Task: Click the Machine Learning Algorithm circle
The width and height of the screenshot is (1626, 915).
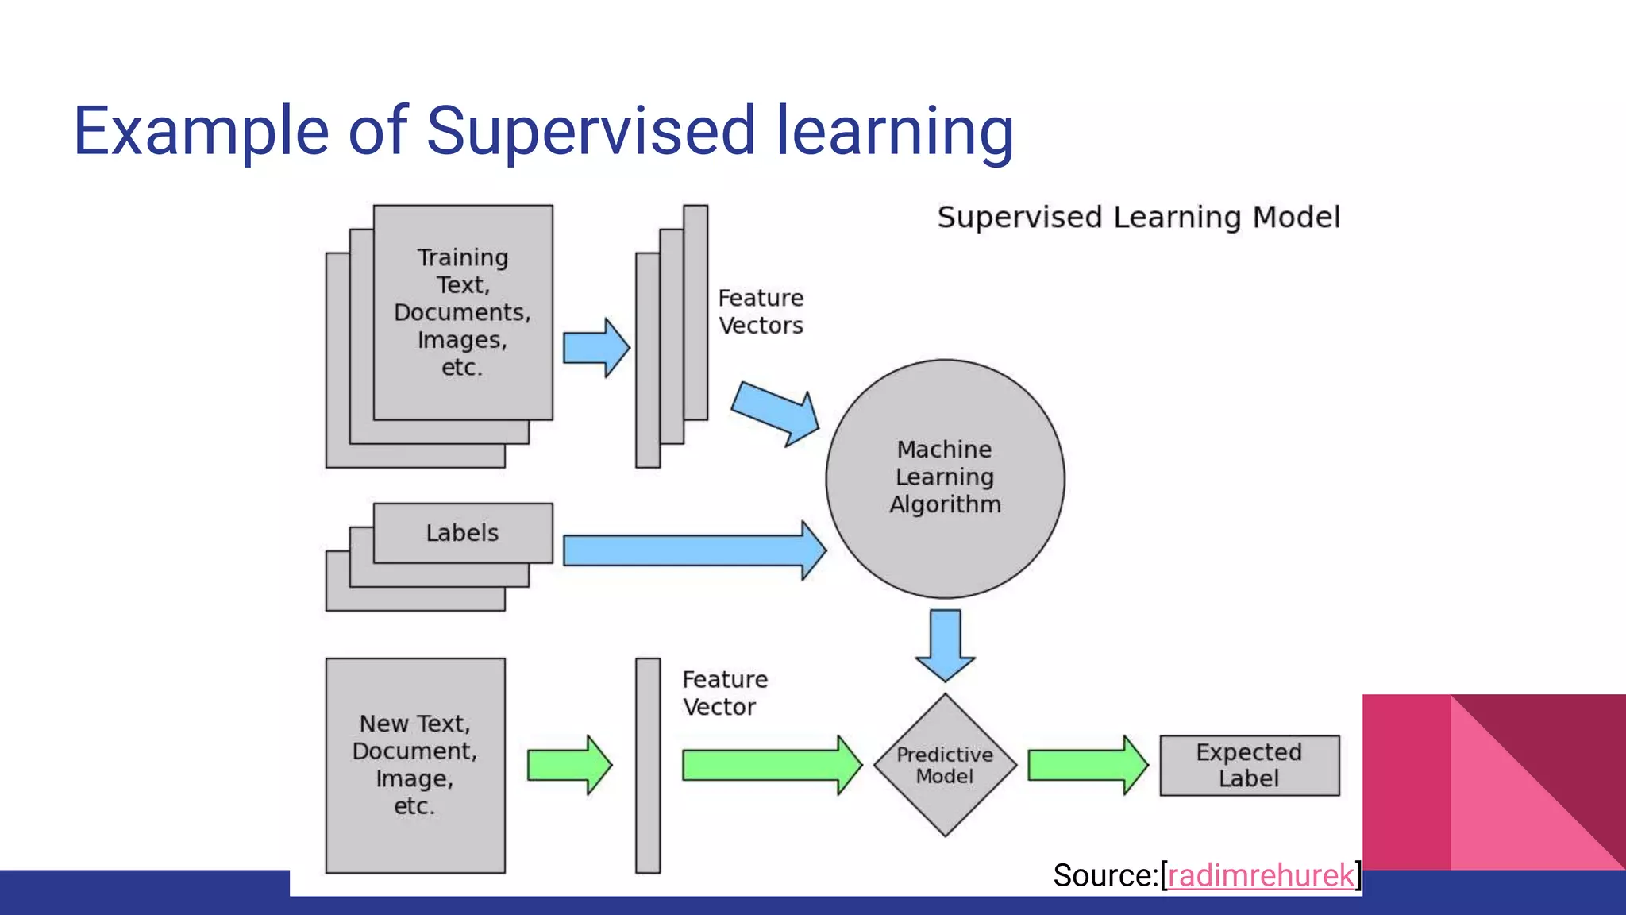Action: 945,478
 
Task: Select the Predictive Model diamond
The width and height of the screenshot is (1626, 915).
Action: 945,765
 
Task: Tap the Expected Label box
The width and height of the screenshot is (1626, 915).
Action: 1249,765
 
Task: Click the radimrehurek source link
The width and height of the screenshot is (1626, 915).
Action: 1261,875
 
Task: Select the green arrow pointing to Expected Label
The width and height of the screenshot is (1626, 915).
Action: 1087,765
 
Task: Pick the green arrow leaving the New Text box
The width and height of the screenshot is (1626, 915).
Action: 568,765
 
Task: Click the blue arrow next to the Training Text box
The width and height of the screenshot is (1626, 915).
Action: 595,348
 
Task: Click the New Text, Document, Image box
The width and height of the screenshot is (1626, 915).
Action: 415,765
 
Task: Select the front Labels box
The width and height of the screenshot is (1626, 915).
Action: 463,532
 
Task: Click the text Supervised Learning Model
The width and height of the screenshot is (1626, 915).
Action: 1139,217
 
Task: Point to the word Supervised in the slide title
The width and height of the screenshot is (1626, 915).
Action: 591,131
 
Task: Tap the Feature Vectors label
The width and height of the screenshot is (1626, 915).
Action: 761,311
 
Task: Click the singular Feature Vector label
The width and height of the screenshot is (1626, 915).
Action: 724,693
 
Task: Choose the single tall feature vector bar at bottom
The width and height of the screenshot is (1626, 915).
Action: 648,765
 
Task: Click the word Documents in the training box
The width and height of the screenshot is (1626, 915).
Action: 462,312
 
